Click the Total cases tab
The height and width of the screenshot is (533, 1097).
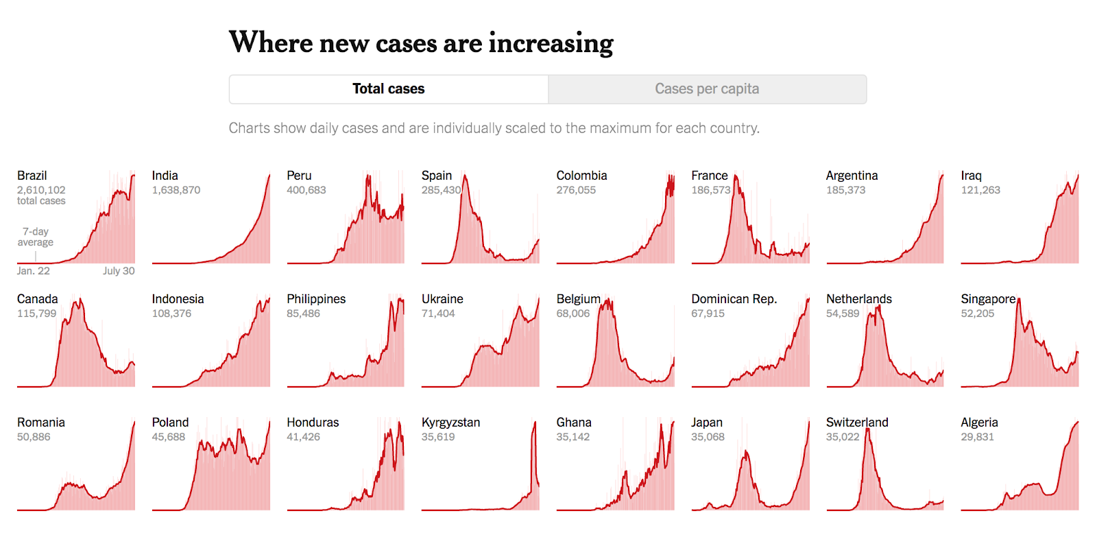(388, 89)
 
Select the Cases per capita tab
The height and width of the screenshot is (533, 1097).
(707, 89)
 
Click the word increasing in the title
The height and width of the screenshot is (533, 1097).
(551, 43)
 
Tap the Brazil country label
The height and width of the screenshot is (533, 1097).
(32, 176)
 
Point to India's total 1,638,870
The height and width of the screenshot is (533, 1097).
(176, 190)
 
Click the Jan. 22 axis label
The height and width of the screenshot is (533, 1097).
(33, 271)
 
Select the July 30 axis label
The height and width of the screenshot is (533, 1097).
(119, 271)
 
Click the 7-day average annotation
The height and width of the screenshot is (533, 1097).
(36, 237)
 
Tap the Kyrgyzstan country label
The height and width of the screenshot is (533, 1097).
(450, 423)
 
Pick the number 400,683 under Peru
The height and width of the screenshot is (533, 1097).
(306, 190)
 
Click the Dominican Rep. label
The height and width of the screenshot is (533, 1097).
(734, 299)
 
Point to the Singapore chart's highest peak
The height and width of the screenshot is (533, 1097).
(1020, 300)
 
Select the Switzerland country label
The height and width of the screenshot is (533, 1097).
(857, 423)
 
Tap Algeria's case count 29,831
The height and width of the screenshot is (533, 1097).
(977, 437)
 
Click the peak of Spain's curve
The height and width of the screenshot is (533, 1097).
(466, 176)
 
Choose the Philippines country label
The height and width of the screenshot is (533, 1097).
(316, 299)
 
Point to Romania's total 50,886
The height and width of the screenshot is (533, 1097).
(34, 437)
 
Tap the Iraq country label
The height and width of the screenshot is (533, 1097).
(971, 176)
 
